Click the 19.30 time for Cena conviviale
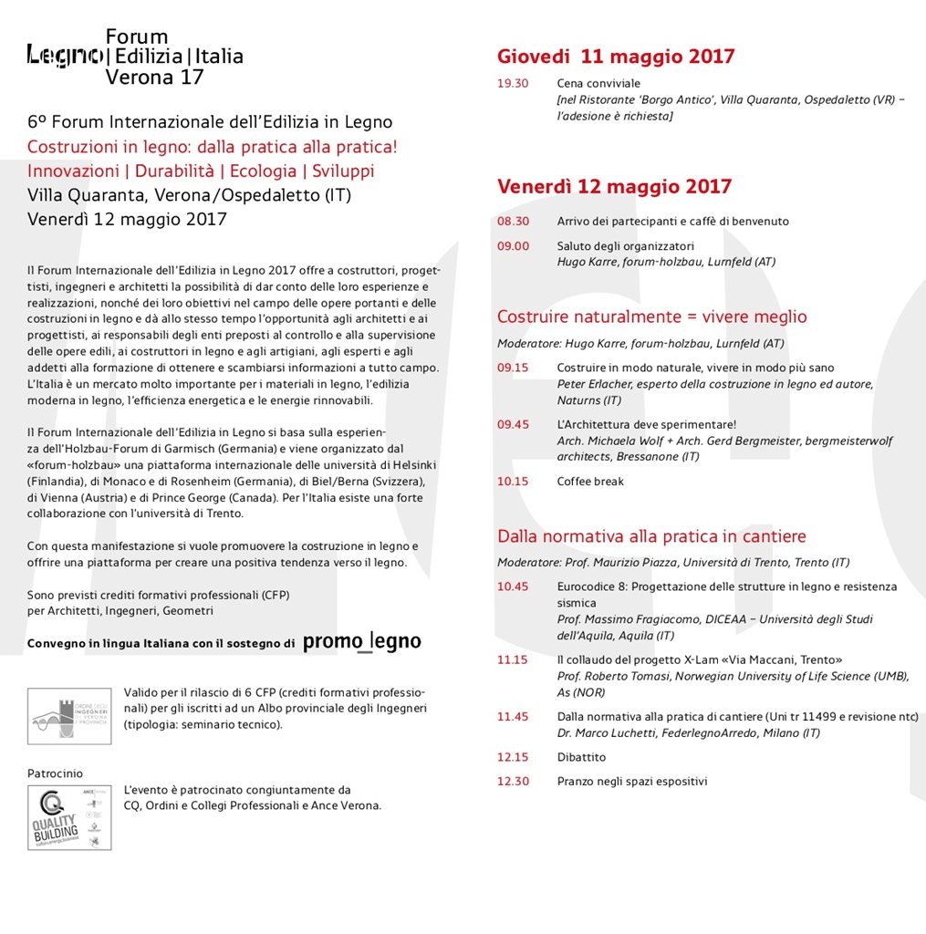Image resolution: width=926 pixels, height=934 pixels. [x=512, y=84]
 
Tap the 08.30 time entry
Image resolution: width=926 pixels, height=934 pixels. [x=512, y=222]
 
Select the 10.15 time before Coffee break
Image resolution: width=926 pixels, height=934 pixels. [x=512, y=482]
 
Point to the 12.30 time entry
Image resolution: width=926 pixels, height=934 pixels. [x=512, y=782]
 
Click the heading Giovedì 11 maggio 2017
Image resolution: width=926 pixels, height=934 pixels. [x=616, y=57]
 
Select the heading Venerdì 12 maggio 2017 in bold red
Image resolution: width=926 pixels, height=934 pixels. [x=614, y=187]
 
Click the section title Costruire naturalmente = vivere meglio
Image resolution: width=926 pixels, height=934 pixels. [x=651, y=317]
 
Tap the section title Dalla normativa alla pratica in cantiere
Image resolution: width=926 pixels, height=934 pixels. [x=651, y=536]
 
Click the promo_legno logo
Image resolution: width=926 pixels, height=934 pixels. [x=361, y=642]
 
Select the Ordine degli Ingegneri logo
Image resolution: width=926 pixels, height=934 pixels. [x=69, y=716]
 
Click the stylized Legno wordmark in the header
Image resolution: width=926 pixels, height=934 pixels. [x=64, y=57]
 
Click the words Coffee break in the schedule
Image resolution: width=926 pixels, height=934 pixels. [x=590, y=482]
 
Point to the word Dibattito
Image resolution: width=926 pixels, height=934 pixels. [x=581, y=757]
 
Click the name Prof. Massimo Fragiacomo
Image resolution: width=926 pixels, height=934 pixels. [x=631, y=619]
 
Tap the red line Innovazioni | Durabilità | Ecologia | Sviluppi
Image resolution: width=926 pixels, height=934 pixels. [x=201, y=171]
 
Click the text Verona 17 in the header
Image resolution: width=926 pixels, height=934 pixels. [x=154, y=78]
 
